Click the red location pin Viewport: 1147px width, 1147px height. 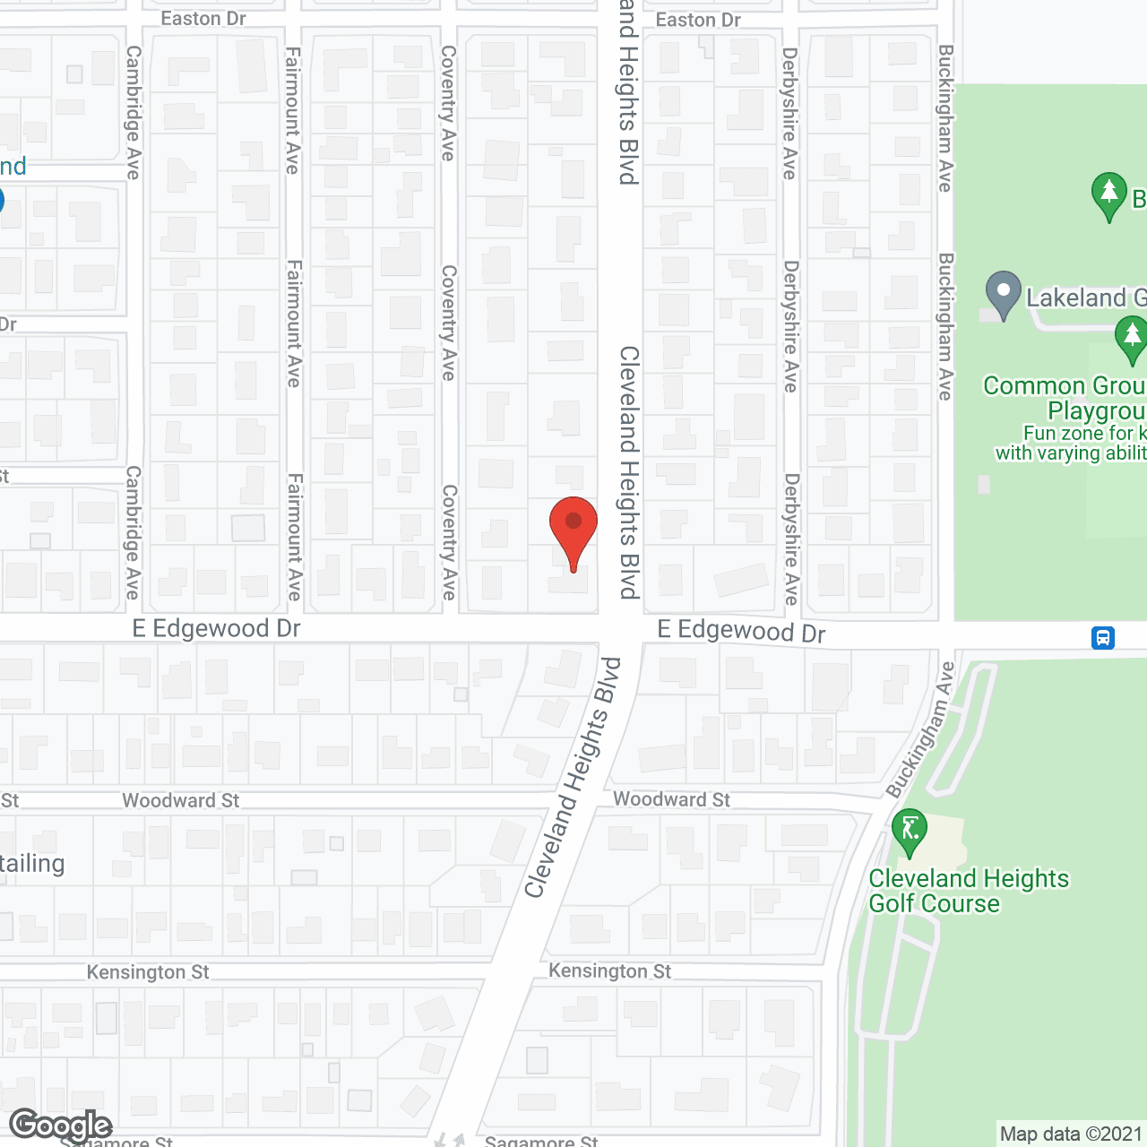(573, 525)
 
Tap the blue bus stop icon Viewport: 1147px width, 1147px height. (1102, 638)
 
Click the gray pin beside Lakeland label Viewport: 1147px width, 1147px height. (1004, 293)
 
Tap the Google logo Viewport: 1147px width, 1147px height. (60, 1125)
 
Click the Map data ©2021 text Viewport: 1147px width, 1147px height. (1071, 1134)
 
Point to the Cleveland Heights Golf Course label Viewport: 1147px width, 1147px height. (968, 891)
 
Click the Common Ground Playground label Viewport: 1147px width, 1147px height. (1065, 398)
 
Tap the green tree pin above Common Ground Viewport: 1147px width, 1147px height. (1132, 338)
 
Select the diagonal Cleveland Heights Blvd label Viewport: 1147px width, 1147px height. (573, 778)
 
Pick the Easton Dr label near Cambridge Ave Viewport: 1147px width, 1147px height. (203, 19)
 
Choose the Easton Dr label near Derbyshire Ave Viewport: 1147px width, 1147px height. (698, 20)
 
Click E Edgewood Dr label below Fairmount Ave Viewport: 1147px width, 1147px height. (216, 628)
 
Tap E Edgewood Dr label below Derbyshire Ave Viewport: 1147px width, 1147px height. (741, 631)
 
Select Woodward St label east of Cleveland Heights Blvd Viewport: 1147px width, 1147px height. (671, 799)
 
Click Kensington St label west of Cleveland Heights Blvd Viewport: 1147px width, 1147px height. (148, 972)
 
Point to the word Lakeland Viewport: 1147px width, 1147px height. (1075, 298)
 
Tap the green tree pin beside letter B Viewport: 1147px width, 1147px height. (1109, 194)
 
